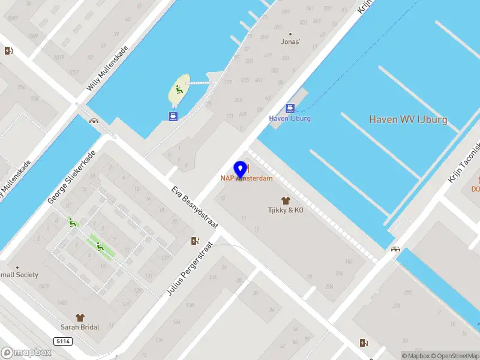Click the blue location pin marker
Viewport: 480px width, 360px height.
[x=241, y=169]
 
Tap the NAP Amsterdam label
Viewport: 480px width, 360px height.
[x=246, y=178]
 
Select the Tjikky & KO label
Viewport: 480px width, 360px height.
[x=285, y=210]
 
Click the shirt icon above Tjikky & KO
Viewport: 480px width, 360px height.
[x=285, y=200]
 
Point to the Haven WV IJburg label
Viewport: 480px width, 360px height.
[x=408, y=119]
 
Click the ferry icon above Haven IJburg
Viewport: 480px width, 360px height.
[x=290, y=108]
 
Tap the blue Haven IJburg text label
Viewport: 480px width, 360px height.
[x=290, y=118]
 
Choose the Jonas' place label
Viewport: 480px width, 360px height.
[x=290, y=42]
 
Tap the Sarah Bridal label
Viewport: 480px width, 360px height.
[x=79, y=327]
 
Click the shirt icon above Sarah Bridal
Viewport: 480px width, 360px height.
[x=79, y=317]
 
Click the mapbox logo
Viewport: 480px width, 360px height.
[x=26, y=352]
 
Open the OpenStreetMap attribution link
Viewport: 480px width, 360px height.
[x=454, y=356]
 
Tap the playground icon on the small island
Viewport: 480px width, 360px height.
[x=178, y=91]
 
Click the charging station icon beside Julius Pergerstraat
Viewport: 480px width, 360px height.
[x=194, y=241]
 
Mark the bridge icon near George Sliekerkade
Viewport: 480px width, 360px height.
[x=94, y=121]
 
